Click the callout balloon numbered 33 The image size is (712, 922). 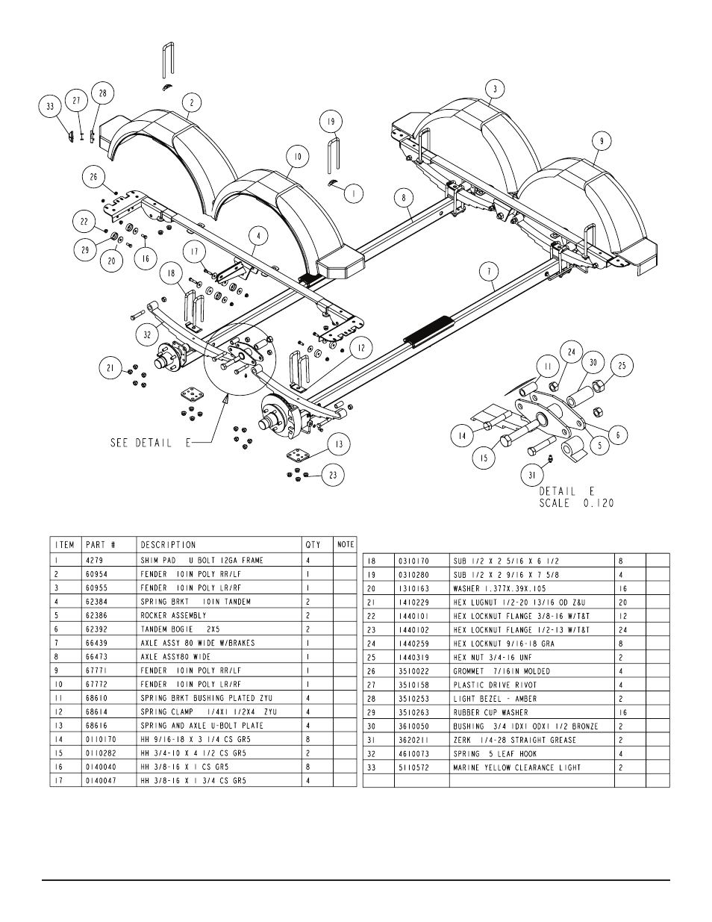[x=50, y=107]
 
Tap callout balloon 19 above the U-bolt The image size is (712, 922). [x=331, y=122]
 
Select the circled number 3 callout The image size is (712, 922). [x=496, y=89]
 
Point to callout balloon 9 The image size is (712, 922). [x=602, y=141]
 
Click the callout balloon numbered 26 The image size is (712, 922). [x=94, y=176]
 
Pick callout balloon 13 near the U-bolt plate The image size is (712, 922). [x=339, y=444]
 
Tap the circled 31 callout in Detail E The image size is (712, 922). [x=532, y=476]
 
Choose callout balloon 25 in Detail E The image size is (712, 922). [x=622, y=366]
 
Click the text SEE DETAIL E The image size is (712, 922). [x=151, y=443]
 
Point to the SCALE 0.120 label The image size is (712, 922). [x=576, y=503]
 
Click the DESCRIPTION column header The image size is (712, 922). [x=168, y=545]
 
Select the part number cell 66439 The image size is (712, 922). [x=97, y=643]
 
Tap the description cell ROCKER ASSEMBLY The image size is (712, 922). [x=173, y=615]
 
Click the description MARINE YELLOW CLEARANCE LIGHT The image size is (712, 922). [x=516, y=767]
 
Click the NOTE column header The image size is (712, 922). [x=346, y=544]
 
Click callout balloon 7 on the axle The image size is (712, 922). [x=490, y=272]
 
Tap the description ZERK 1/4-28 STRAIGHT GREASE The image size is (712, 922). [x=514, y=740]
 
